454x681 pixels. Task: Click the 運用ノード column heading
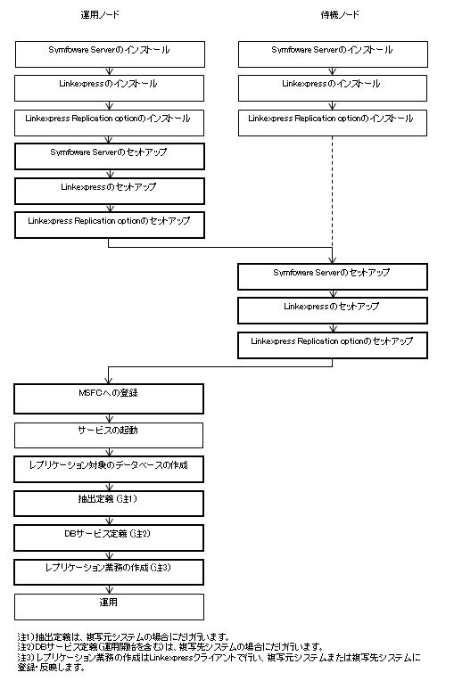(x=100, y=15)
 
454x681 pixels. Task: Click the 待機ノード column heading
(x=340, y=15)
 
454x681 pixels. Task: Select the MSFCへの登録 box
(x=109, y=398)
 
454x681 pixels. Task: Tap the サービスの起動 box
(x=109, y=435)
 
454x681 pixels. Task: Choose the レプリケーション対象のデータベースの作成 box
(x=109, y=469)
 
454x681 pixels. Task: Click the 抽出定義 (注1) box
(x=109, y=504)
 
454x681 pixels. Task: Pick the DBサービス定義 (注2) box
(x=109, y=537)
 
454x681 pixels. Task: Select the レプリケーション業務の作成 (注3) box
(x=109, y=572)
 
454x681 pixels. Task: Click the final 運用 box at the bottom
(x=109, y=607)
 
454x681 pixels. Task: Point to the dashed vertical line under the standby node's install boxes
(x=333, y=197)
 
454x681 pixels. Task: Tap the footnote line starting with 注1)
(x=123, y=637)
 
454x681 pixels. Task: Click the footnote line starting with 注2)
(x=170, y=647)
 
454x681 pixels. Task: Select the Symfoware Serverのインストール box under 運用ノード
(x=110, y=54)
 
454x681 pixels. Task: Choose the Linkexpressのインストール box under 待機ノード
(x=333, y=88)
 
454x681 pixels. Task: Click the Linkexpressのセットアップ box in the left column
(x=110, y=191)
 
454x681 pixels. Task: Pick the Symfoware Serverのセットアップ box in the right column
(x=333, y=276)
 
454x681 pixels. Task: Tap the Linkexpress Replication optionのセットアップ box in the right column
(x=333, y=345)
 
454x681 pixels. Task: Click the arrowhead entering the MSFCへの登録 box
(x=108, y=381)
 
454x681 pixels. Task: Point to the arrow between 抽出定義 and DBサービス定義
(x=109, y=521)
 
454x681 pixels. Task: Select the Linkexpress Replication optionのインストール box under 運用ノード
(x=109, y=123)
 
